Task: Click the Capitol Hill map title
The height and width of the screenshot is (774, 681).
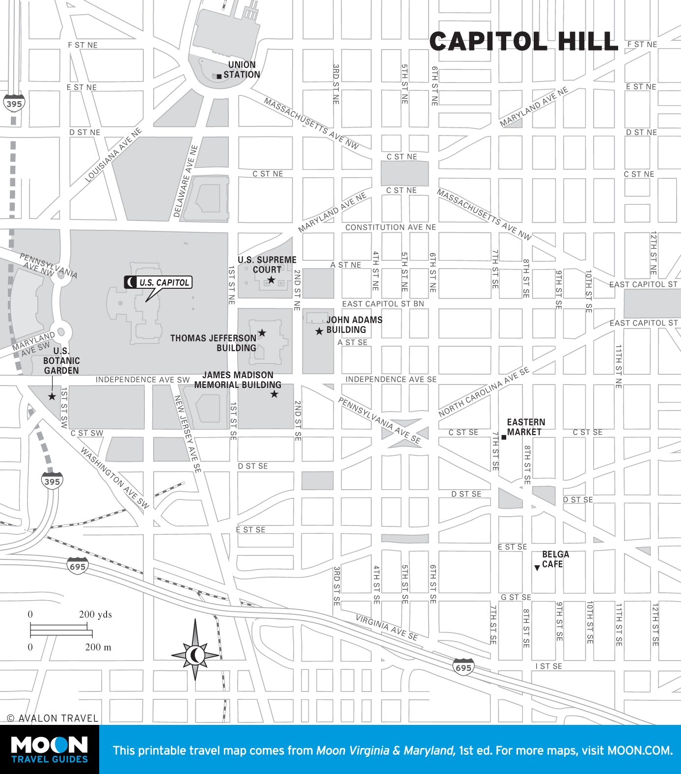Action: pos(523,42)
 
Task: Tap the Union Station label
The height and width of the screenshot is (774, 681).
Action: pos(242,70)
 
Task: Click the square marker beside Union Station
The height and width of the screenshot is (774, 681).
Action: pos(219,77)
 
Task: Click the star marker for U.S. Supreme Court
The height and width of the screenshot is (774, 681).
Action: pos(271,280)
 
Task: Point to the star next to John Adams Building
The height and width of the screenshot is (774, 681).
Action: pos(319,331)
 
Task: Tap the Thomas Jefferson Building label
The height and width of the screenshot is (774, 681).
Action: pos(214,343)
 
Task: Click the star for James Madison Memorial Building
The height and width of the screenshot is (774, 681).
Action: pos(274,394)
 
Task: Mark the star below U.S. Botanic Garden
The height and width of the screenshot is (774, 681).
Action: pos(52,396)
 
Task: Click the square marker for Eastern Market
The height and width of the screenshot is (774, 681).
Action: pos(504,437)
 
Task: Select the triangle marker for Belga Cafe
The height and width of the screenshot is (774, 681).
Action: pos(537,568)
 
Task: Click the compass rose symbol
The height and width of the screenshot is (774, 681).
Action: pos(195,654)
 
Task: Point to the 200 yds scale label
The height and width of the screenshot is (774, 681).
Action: pos(95,614)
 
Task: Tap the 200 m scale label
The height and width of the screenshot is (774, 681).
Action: pos(98,647)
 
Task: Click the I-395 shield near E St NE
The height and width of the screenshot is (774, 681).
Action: pos(14,103)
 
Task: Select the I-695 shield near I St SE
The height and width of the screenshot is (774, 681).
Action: pos(463,667)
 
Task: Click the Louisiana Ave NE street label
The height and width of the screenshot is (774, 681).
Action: pos(113,155)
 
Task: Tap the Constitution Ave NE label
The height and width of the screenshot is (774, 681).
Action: pos(390,227)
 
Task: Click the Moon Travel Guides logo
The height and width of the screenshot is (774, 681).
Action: pos(49,749)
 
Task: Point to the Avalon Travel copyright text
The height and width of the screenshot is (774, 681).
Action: pos(53,718)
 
